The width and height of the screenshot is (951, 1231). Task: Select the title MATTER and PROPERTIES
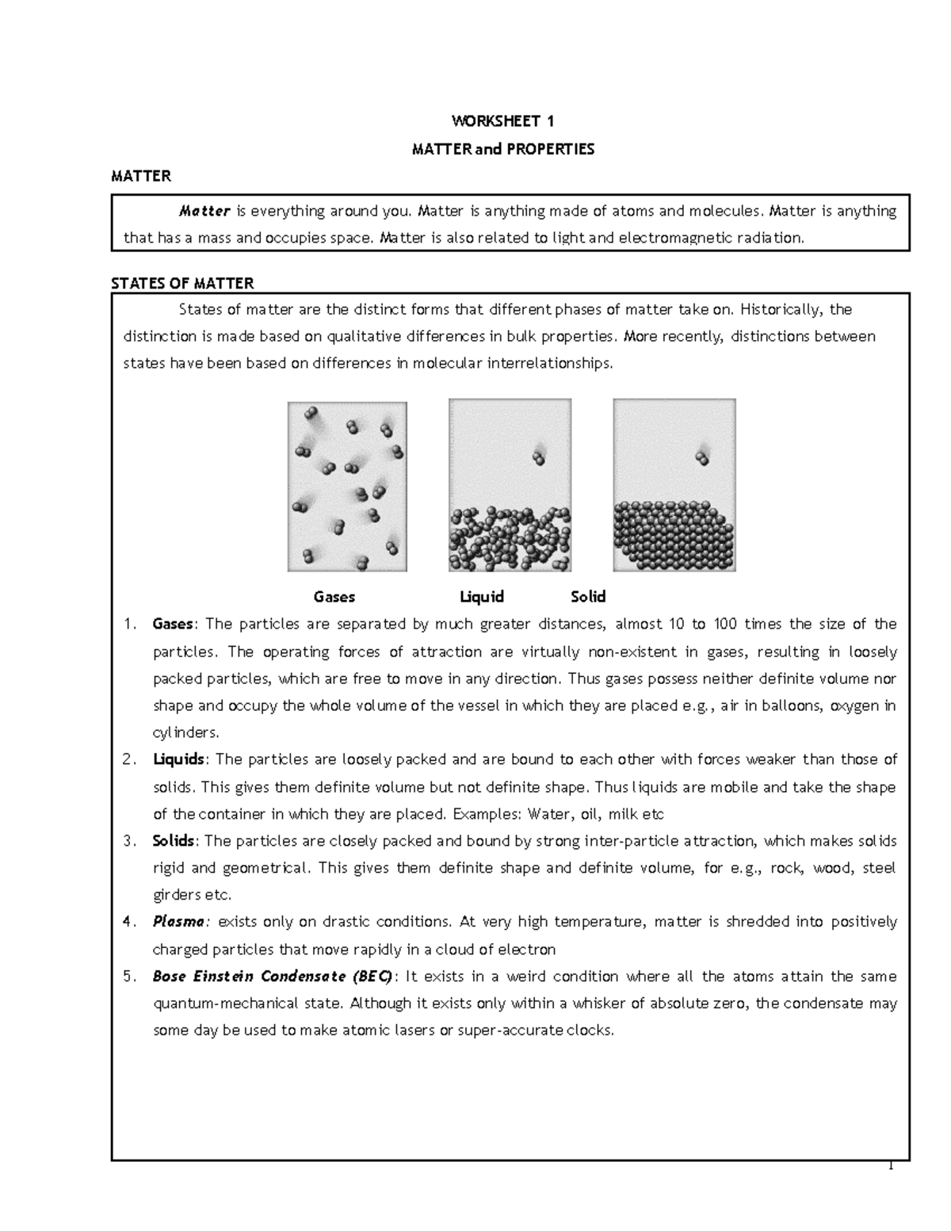[x=502, y=149]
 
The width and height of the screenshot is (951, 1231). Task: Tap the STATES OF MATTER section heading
[x=182, y=283]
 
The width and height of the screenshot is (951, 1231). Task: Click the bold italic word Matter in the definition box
[x=204, y=211]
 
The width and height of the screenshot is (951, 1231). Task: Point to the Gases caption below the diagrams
[x=334, y=597]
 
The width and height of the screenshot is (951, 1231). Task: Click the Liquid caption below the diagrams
[x=482, y=597]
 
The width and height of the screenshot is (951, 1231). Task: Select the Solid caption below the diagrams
[x=588, y=597]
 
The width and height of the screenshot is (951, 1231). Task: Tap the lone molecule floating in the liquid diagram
[x=539, y=457]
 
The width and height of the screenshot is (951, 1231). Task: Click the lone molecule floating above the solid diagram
[x=702, y=457]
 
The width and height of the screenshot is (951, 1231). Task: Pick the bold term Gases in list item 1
[x=173, y=624]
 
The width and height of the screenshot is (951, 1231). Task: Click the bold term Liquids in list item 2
[x=178, y=759]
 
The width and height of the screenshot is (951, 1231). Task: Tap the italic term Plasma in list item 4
[x=179, y=922]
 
